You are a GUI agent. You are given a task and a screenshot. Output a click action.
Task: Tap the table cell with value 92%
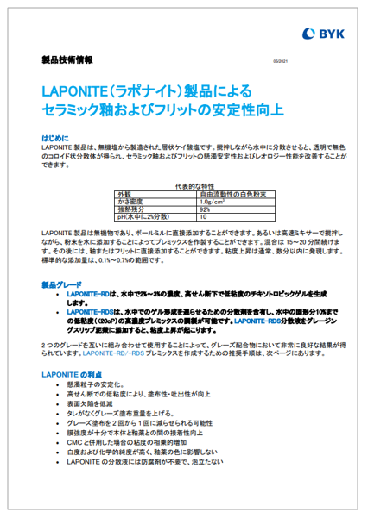[206, 209]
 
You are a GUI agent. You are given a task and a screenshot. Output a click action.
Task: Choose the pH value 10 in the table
[204, 217]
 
